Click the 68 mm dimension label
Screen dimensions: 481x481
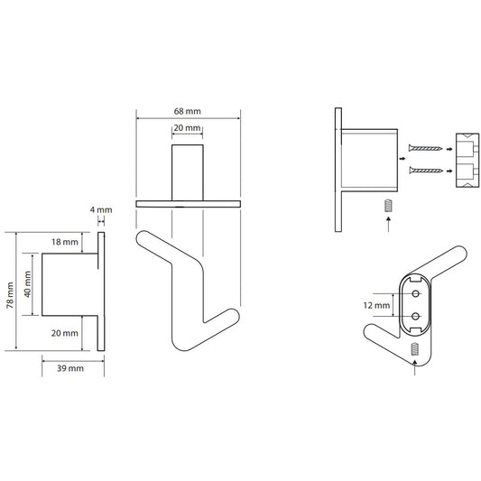tap(187, 111)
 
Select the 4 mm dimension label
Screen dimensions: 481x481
tap(101, 210)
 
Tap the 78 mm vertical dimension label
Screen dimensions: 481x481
tap(10, 295)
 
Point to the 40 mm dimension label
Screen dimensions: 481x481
tap(27, 284)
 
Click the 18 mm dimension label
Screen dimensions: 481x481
tap(65, 242)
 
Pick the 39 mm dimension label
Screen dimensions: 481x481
tap(70, 368)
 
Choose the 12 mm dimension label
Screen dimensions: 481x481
tap(376, 305)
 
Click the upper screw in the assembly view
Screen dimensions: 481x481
tap(425, 149)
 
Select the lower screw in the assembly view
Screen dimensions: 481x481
tap(425, 171)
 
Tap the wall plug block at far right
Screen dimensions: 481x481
tap(467, 160)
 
